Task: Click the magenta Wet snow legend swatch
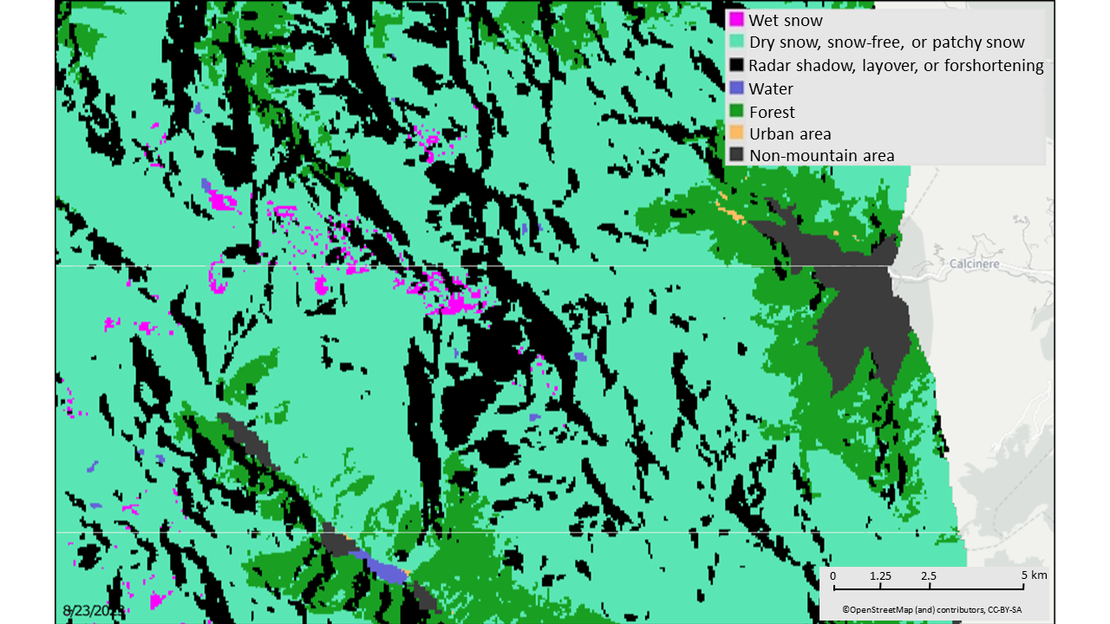736,19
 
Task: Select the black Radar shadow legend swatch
736,65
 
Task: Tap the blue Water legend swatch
736,88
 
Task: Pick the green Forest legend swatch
736,111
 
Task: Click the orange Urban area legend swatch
736,133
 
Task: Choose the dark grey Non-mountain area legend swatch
736,156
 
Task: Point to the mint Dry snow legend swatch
736,42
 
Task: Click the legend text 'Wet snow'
786,19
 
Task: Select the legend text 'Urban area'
790,133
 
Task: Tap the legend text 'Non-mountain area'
821,156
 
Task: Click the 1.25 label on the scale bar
879,575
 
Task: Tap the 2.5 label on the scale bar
928,575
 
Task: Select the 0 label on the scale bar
832,575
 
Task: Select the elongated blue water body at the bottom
387,569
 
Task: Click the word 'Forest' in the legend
772,111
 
